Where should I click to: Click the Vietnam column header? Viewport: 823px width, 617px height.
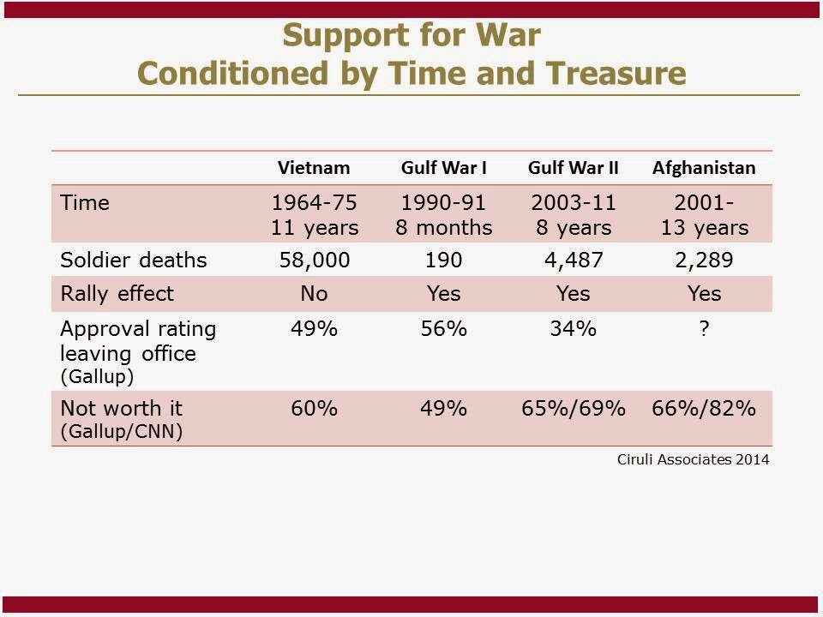tap(315, 167)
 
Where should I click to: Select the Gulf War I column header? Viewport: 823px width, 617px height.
tap(444, 167)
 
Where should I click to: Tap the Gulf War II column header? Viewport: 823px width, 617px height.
tap(574, 167)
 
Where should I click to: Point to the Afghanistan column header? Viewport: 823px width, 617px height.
tap(704, 167)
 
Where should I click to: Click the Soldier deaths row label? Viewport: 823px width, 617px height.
tap(134, 260)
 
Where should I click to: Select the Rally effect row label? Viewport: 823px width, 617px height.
tap(117, 293)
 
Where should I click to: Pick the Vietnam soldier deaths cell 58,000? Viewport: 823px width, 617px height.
tap(315, 260)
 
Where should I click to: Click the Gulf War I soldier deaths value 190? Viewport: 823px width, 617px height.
tap(444, 260)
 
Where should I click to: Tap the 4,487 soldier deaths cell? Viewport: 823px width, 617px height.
tap(573, 260)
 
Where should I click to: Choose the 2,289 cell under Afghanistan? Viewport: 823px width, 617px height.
tap(704, 260)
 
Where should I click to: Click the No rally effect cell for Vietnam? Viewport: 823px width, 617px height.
tap(315, 293)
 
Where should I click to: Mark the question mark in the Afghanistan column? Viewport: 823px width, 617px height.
tap(704, 328)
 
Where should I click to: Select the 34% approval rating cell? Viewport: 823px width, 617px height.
tap(573, 328)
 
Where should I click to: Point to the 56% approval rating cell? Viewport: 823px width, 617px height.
tap(444, 328)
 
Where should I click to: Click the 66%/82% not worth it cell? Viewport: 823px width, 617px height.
tap(704, 408)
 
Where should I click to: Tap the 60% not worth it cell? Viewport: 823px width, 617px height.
tap(315, 408)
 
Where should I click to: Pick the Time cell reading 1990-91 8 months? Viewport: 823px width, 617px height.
tap(444, 215)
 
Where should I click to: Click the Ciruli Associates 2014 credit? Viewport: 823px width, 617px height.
tap(693, 459)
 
